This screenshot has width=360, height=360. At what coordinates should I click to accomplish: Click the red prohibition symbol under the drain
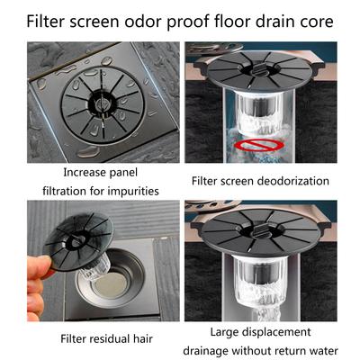point(271,145)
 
